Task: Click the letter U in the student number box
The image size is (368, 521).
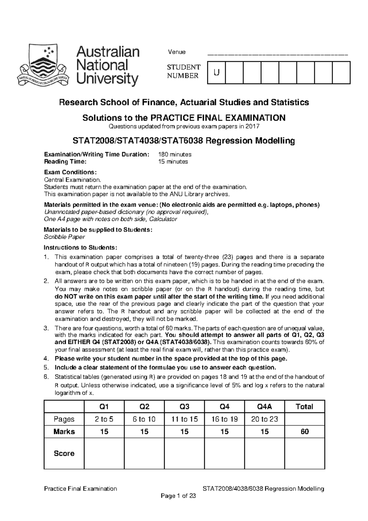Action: pyautogui.click(x=217, y=72)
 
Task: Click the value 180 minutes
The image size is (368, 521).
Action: pyautogui.click(x=174, y=154)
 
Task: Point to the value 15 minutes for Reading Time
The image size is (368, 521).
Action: pyautogui.click(x=173, y=162)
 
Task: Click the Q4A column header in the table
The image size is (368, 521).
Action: pyautogui.click(x=264, y=407)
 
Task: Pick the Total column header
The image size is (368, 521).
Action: pyautogui.click(x=304, y=407)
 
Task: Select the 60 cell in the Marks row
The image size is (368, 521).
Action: pyautogui.click(x=304, y=432)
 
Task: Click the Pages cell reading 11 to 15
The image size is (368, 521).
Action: pyautogui.click(x=184, y=419)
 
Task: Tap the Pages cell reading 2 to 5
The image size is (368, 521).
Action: pyautogui.click(x=104, y=419)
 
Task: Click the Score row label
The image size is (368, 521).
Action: pyautogui.click(x=64, y=453)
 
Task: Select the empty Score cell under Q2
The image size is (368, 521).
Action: pyautogui.click(x=144, y=453)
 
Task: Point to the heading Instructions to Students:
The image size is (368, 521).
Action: pyautogui.click(x=80, y=248)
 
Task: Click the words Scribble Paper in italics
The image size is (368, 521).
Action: pyautogui.click(x=64, y=237)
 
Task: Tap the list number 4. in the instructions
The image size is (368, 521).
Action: pyautogui.click(x=46, y=359)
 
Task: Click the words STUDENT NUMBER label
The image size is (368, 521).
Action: pyautogui.click(x=183, y=71)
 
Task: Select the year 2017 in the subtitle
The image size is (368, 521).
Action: pyautogui.click(x=253, y=126)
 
